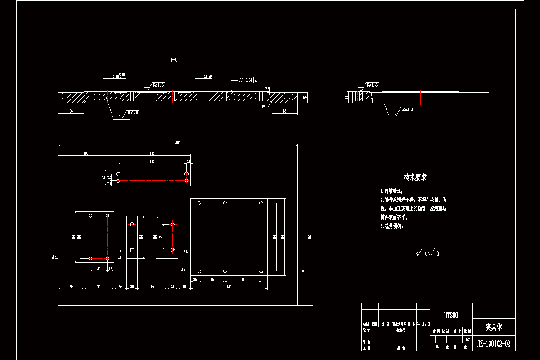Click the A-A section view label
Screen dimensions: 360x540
pos(173,59)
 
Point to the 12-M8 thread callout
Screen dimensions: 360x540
pos(208,76)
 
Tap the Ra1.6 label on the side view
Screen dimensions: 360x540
pos(372,85)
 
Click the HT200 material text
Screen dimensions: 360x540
pos(451,316)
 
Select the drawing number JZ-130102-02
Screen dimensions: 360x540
pos(494,344)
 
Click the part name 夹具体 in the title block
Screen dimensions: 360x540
pos(494,327)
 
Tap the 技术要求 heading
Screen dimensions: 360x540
pos(415,178)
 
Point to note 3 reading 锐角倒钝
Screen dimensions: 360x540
pos(391,226)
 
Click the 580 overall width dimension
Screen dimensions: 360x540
pos(178,143)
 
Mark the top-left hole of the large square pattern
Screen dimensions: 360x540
pos(199,203)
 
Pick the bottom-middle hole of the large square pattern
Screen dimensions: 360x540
pos(225,271)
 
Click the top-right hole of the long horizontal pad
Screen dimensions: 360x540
pos(187,174)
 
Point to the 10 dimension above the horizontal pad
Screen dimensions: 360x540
pos(189,161)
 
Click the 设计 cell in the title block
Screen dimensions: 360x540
pos(366,330)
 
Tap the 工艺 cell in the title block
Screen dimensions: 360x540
pos(366,348)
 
